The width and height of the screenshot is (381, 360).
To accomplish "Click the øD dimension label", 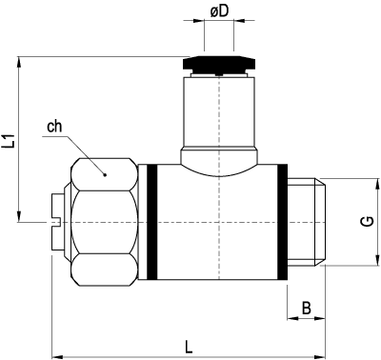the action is (219, 11).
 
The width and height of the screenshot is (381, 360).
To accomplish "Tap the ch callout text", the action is (54, 127).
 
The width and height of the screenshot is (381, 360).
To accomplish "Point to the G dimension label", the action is (368, 221).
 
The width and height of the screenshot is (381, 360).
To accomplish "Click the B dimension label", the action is (307, 308).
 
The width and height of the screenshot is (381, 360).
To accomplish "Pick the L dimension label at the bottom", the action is (189, 347).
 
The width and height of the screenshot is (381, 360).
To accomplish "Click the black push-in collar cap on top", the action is (219, 64).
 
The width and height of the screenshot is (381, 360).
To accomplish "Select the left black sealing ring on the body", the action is (152, 222).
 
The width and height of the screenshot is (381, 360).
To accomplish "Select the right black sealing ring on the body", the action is (283, 222).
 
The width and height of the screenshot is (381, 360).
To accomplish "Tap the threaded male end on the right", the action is (306, 222).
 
